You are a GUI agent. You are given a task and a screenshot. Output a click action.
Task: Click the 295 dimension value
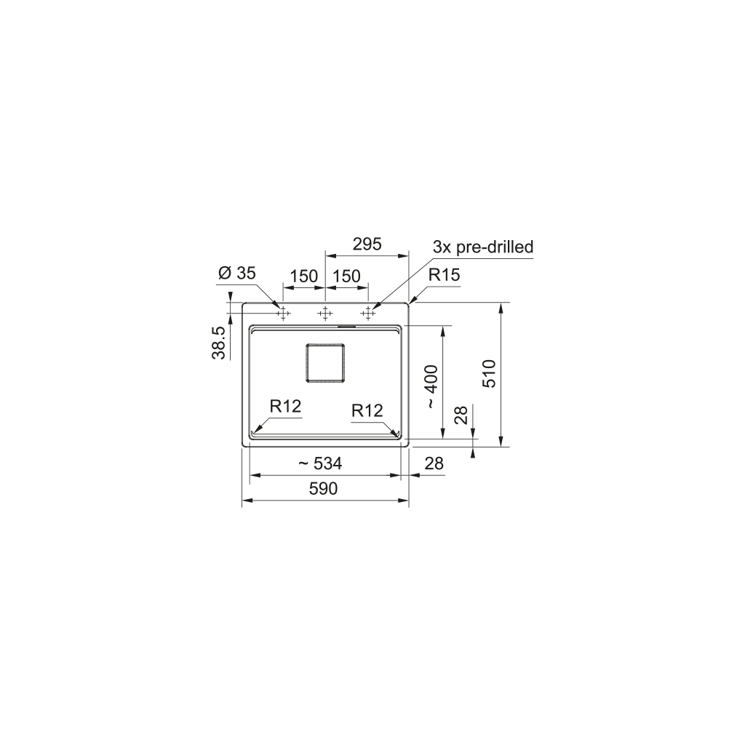[x=367, y=245]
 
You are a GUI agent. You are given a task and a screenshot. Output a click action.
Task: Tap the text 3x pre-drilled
[x=483, y=247]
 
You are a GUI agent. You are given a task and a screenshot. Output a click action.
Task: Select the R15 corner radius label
[x=444, y=275]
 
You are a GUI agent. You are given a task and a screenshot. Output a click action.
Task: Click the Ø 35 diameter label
[x=236, y=274]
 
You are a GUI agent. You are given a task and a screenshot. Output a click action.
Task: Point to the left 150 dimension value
[x=303, y=276]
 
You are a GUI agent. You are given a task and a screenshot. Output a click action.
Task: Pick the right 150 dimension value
[x=347, y=276]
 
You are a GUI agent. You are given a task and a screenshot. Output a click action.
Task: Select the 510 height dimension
[x=489, y=373]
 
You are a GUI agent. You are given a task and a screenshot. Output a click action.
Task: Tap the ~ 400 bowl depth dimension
[x=431, y=386]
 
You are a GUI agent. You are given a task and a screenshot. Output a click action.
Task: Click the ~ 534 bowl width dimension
[x=320, y=463]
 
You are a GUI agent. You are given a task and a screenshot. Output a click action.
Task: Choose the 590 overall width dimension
[x=323, y=489]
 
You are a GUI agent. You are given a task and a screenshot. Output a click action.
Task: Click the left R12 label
[x=285, y=406]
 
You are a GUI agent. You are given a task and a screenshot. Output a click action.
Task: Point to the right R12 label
[x=367, y=411]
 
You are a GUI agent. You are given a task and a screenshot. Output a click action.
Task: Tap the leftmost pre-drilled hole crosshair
[x=282, y=314]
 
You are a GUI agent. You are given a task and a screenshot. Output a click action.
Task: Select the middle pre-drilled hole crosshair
[x=325, y=314]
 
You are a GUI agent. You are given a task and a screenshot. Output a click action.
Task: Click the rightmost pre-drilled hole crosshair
[x=368, y=314]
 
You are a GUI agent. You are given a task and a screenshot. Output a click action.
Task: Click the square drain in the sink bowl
[x=324, y=362]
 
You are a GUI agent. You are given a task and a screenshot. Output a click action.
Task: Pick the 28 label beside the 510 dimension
[x=461, y=415]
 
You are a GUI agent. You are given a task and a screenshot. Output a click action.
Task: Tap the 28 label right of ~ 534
[x=434, y=463]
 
